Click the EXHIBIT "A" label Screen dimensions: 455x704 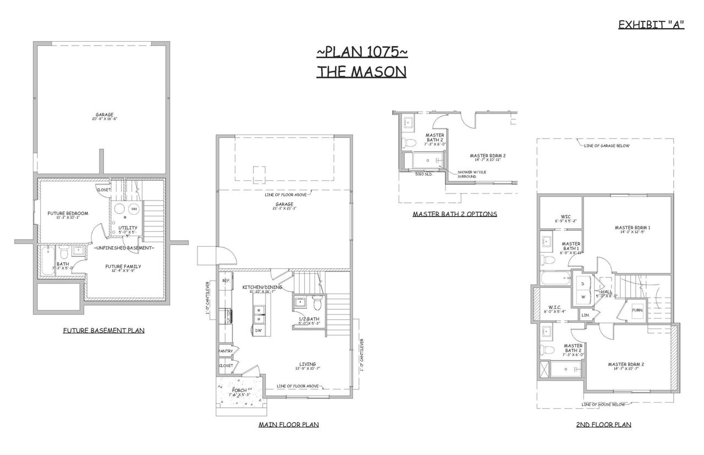pos(651,25)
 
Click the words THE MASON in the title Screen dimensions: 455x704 pos(361,71)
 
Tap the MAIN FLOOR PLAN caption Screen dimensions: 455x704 pos(289,424)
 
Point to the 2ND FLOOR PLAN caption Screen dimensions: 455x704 pos(603,424)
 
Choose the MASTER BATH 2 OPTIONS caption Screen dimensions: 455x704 pos(455,214)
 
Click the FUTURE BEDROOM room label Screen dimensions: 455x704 pos(68,213)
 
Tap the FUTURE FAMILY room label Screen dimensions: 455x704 pos(123,267)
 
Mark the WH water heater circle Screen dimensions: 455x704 pos(133,209)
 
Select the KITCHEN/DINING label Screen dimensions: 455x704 pos(262,287)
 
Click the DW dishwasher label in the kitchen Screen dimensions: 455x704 pos(258,330)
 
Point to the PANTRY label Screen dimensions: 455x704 pos(226,351)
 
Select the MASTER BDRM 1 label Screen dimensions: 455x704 pos(632,227)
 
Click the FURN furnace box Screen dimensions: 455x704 pos(637,310)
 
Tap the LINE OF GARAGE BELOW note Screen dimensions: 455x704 pos(607,146)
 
